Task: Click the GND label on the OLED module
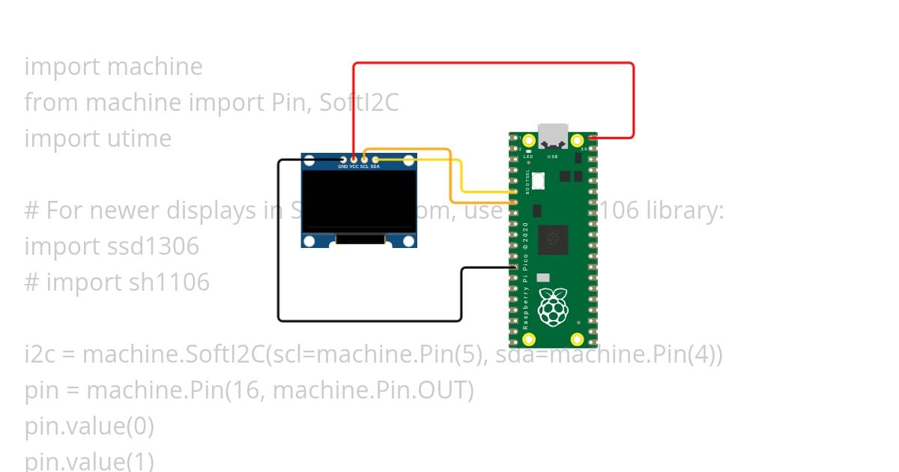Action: click(343, 166)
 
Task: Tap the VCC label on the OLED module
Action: click(354, 166)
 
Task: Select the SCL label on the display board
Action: click(364, 166)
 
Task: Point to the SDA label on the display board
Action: click(375, 166)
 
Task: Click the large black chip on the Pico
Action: click(553, 240)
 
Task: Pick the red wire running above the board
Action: click(494, 64)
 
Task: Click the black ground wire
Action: click(279, 247)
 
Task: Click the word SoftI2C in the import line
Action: click(359, 102)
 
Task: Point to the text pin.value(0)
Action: click(89, 426)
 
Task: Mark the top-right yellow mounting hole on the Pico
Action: click(577, 140)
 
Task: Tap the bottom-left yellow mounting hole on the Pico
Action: click(529, 339)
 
